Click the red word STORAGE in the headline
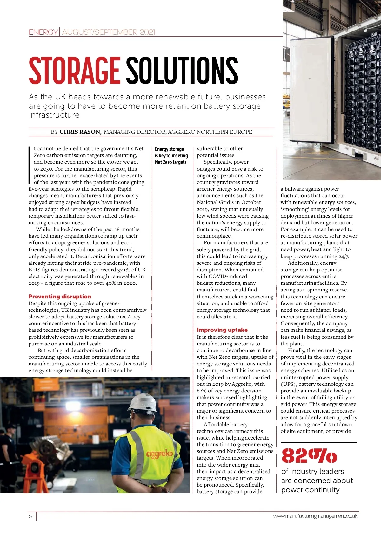click(74, 70)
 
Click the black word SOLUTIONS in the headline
click(182, 70)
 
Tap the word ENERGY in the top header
click(43, 32)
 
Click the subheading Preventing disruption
click(60, 297)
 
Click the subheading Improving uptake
click(222, 330)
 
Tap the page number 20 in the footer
click(31, 516)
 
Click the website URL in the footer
click(315, 516)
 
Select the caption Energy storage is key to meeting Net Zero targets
click(171, 156)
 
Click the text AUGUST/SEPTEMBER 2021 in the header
click(109, 32)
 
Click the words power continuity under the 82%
click(310, 490)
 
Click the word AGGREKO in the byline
click(181, 132)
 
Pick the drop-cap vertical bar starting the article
click(30, 165)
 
